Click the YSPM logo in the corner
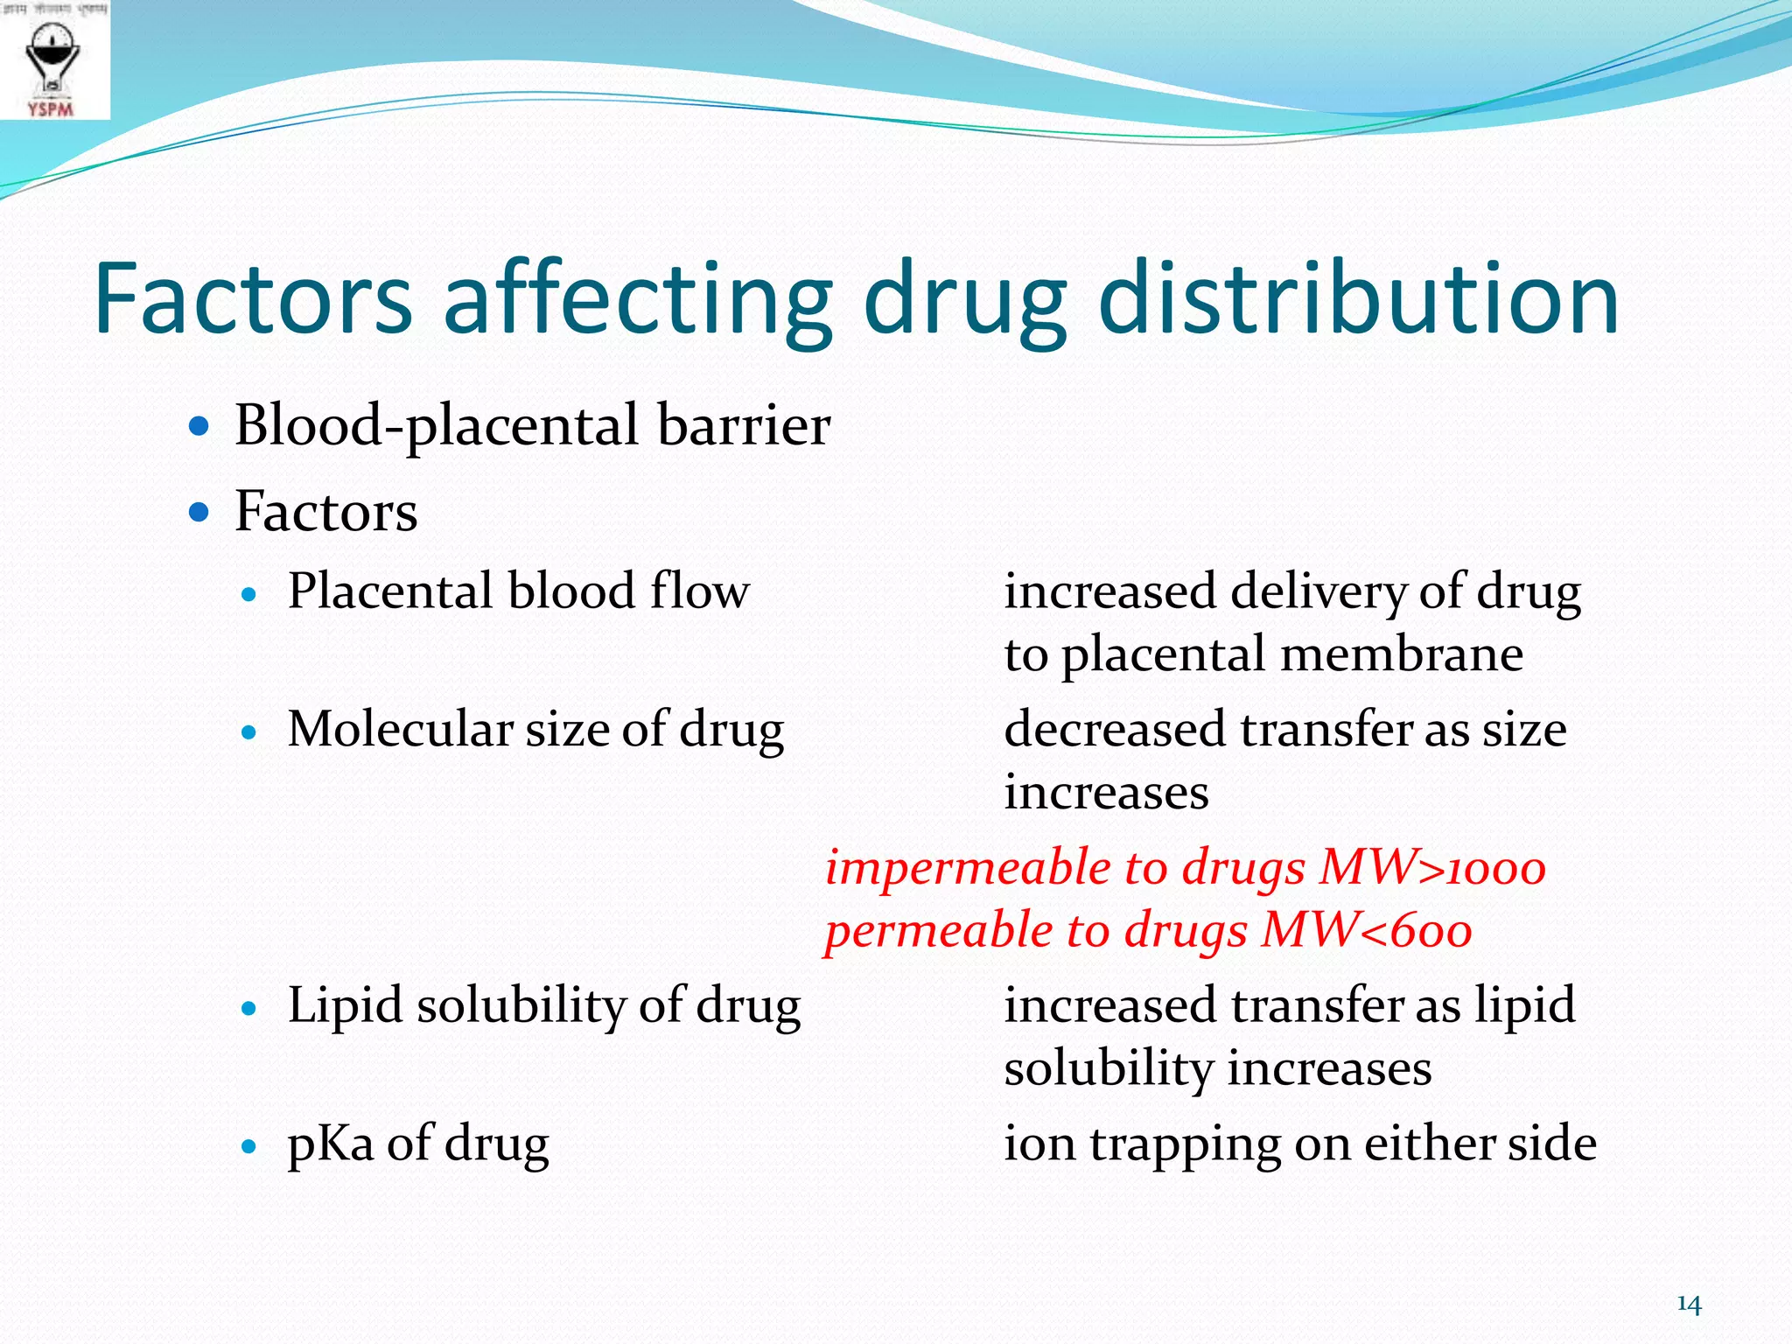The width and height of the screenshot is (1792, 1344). pos(52,61)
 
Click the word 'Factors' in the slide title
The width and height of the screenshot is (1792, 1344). pos(253,299)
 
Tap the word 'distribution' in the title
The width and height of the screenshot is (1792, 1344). pos(1357,299)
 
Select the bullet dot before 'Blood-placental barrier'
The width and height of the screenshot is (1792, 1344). pos(199,427)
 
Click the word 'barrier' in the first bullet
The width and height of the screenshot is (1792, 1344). pos(743,425)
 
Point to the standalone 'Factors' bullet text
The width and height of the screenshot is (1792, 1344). pos(325,511)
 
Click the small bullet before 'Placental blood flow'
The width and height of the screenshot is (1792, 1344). pos(249,595)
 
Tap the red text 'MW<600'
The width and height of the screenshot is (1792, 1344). pos(1366,930)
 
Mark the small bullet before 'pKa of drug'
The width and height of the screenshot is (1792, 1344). pos(249,1146)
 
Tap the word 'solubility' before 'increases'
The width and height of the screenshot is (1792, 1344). pos(1108,1068)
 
